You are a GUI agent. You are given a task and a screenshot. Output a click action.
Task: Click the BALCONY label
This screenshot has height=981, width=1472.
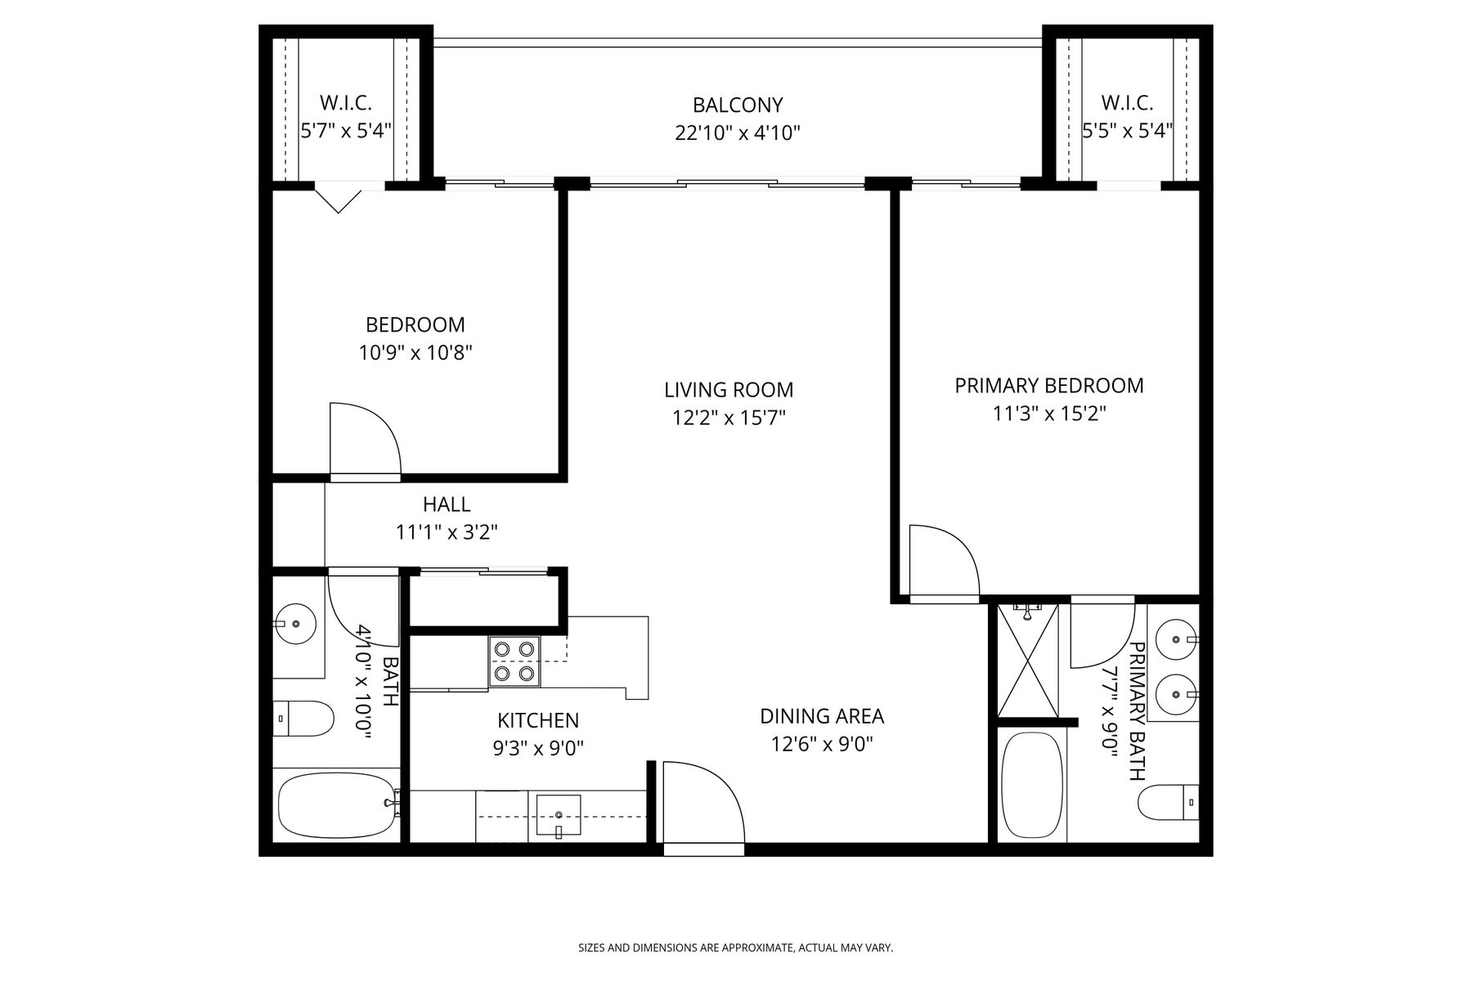coord(738,105)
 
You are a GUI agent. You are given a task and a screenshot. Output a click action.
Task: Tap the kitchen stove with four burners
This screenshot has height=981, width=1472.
coord(515,661)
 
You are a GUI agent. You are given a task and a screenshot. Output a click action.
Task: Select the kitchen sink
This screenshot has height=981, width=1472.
coord(559,815)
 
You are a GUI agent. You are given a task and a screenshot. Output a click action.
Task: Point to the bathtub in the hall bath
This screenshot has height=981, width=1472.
coord(338,804)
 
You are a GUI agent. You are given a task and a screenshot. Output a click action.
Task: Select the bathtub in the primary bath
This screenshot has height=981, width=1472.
coord(1032,785)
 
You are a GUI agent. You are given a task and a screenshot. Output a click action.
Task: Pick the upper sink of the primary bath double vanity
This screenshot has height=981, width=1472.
coord(1176,637)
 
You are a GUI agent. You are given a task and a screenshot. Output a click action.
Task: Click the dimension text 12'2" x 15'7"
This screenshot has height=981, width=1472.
coord(729,418)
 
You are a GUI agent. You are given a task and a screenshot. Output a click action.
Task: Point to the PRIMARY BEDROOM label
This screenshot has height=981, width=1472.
coord(1049,385)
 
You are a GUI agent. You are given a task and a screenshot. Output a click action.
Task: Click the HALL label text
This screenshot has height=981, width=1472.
coord(447,504)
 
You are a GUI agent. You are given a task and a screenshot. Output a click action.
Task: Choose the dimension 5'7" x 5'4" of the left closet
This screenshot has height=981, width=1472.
coord(346,131)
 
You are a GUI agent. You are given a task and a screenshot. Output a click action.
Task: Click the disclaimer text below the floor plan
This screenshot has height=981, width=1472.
coord(736,948)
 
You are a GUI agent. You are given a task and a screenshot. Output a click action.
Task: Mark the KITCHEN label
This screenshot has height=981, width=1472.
coord(538,720)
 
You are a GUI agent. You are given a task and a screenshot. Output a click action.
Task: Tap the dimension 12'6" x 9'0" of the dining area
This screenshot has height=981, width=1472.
coord(823,745)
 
